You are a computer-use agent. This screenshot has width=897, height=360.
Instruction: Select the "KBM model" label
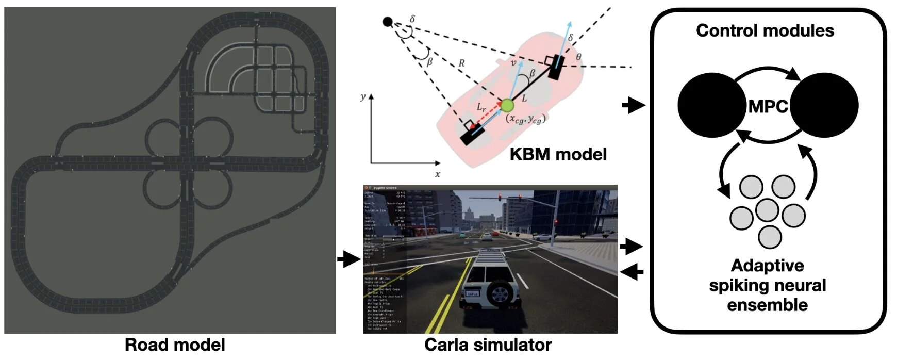[558, 154]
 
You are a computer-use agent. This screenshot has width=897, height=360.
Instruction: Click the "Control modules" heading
[765, 31]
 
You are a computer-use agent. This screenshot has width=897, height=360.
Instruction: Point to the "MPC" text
[768, 107]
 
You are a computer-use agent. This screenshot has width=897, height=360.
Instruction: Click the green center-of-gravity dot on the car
[507, 106]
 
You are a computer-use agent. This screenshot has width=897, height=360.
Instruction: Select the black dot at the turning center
[388, 22]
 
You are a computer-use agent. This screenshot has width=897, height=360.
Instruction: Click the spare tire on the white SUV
[499, 293]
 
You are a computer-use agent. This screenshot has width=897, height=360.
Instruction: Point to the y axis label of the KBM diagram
[363, 97]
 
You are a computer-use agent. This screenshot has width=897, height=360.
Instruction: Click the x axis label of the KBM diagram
[437, 174]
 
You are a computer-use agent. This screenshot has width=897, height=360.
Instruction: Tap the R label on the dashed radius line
[461, 63]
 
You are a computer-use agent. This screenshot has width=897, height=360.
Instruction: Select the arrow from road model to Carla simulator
[350, 259]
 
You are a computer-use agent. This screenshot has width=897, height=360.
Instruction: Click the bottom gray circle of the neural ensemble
[770, 237]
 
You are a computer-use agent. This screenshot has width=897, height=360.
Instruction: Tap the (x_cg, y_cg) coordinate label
[525, 119]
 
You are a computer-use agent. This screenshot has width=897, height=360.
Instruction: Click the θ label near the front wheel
[578, 56]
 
